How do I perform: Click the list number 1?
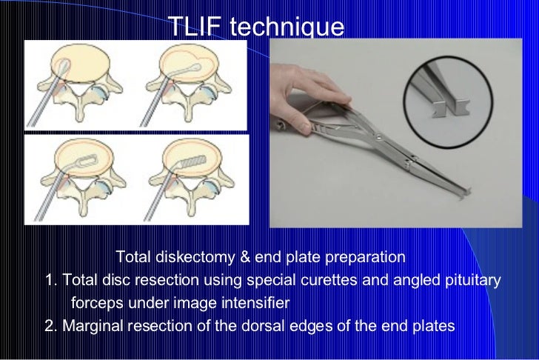(50, 281)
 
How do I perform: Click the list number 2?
(50, 325)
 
